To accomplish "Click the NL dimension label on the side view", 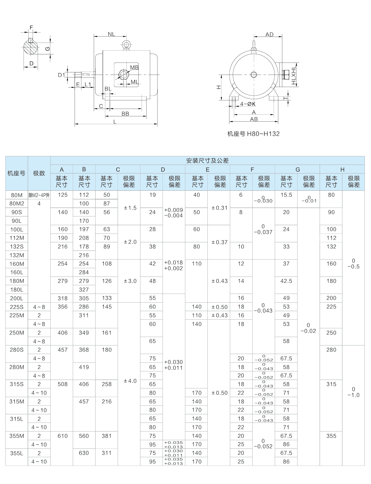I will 111,34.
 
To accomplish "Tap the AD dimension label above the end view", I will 269,34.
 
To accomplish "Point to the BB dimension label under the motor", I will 125,114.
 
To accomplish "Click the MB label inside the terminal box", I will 134,68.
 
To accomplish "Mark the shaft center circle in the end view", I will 254,75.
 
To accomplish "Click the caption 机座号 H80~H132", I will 253,134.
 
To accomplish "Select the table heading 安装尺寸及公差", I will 207,160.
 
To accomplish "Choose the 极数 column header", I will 39,173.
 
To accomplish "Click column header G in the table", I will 298,169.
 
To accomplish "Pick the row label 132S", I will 17,247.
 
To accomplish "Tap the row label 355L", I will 17,453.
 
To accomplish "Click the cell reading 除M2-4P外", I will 39,195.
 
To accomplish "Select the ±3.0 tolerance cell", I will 130,281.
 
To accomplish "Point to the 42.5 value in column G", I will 286,281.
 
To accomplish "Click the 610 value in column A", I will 62,436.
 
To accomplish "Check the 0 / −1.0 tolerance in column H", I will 353,392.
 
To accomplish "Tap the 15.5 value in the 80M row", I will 286,195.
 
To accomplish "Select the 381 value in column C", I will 106,436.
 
